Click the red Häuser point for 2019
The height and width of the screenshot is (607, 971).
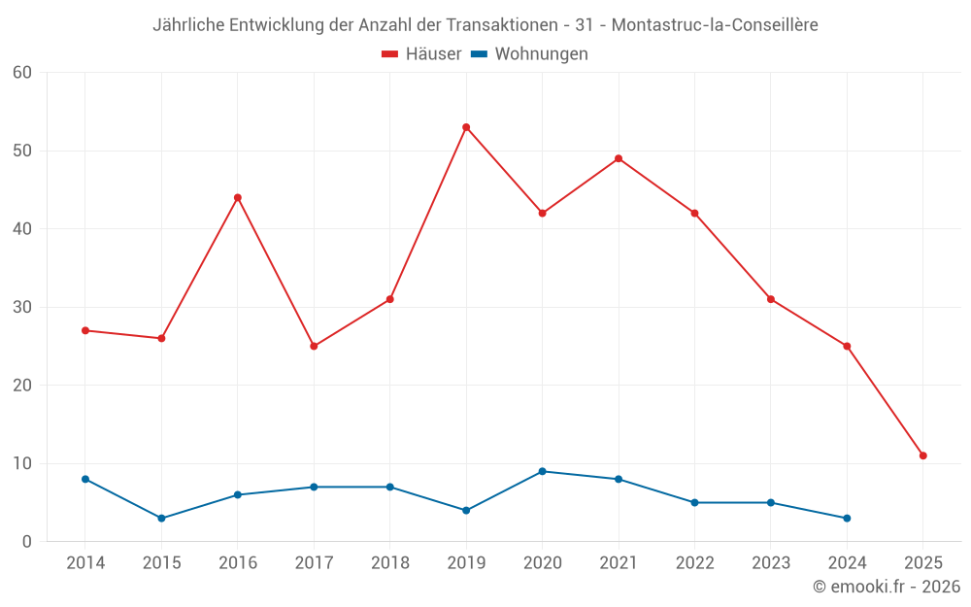pyautogui.click(x=466, y=127)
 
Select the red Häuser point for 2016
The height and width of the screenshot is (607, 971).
pyautogui.click(x=238, y=197)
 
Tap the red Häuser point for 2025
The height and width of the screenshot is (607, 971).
pyautogui.click(x=923, y=455)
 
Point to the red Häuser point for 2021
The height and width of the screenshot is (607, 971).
pyautogui.click(x=619, y=158)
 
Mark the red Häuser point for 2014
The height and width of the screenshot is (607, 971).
pyautogui.click(x=85, y=330)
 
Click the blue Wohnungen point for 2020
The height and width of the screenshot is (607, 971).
pyautogui.click(x=543, y=471)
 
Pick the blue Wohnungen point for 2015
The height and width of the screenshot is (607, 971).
pyautogui.click(x=161, y=518)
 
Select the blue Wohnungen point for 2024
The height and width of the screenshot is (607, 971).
pyautogui.click(x=847, y=518)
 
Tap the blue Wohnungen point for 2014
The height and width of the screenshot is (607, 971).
pyautogui.click(x=85, y=479)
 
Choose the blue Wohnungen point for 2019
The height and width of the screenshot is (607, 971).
pyautogui.click(x=466, y=510)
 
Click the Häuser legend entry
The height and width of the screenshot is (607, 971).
pyautogui.click(x=421, y=54)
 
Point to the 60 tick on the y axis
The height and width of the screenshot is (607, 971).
pyautogui.click(x=22, y=72)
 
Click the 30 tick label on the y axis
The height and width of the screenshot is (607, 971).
pyautogui.click(x=22, y=307)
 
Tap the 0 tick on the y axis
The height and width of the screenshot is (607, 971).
pyautogui.click(x=27, y=541)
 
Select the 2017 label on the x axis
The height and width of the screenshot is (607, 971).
pyautogui.click(x=314, y=563)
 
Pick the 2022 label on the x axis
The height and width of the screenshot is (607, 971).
pyautogui.click(x=694, y=563)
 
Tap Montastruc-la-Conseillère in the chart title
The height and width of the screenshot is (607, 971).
pyautogui.click(x=715, y=25)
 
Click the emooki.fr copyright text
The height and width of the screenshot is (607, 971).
pyautogui.click(x=887, y=587)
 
